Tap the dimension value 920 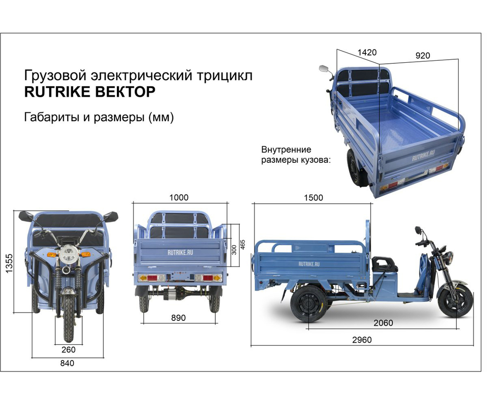click(x=422, y=55)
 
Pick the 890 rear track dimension click(x=178, y=318)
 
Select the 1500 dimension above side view click(x=312, y=198)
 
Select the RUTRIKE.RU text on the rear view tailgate click(x=178, y=252)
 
